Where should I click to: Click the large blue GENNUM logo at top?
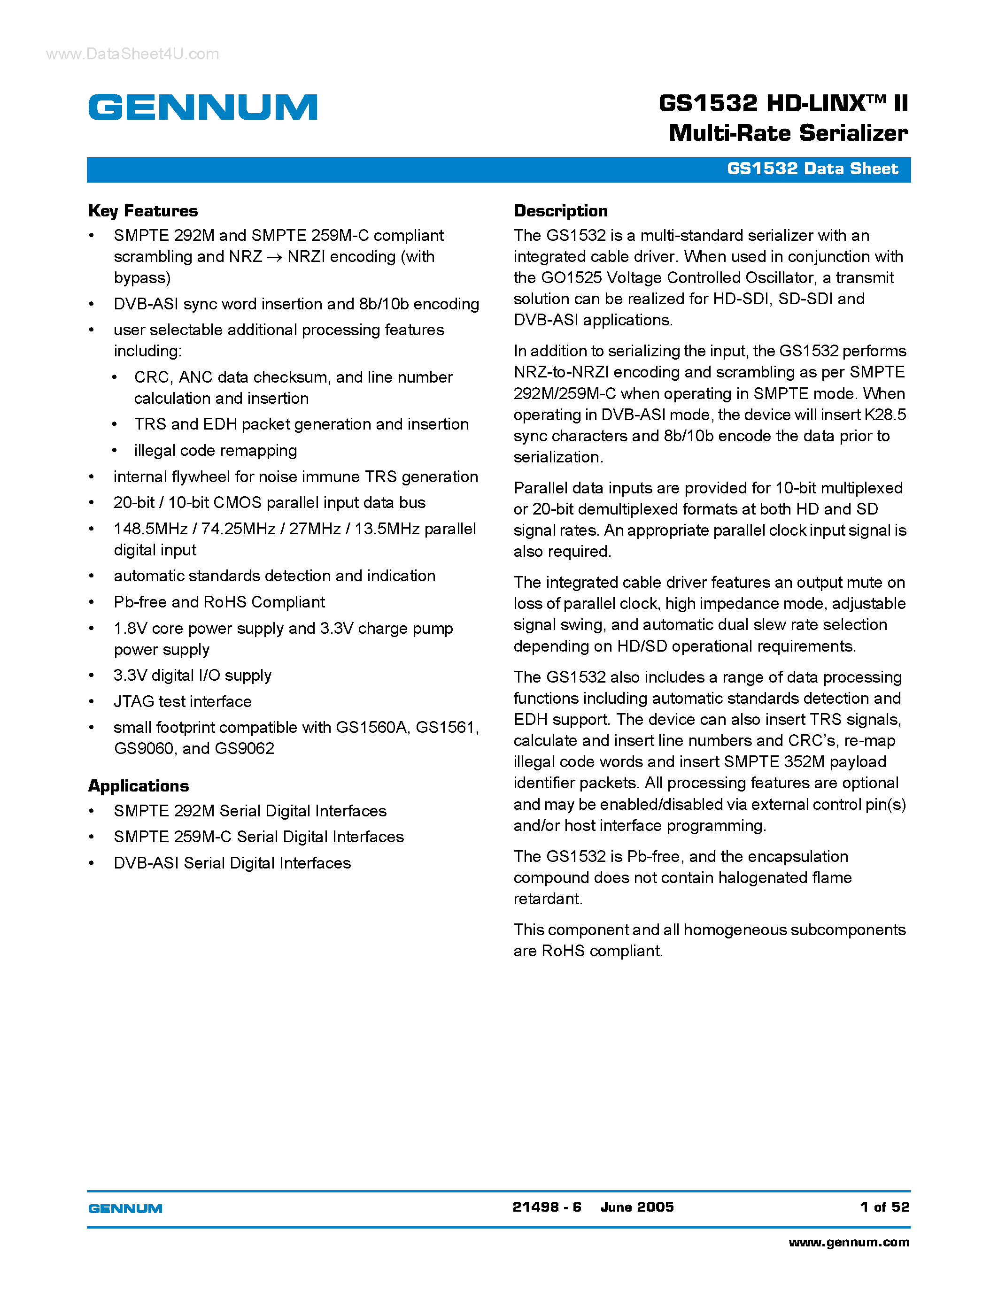coord(203,107)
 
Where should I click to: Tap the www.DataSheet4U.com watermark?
coord(132,54)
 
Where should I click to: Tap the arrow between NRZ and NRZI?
coord(274,258)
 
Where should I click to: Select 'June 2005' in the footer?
coord(637,1207)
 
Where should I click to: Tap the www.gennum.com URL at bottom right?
coord(849,1243)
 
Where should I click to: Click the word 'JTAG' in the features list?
coord(134,702)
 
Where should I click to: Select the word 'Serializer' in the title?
coord(853,133)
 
